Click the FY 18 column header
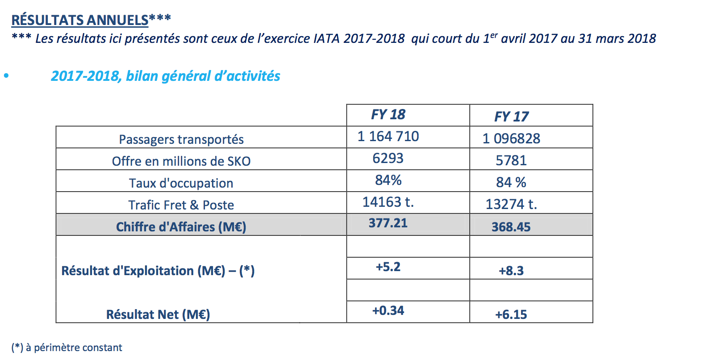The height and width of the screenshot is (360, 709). [388, 115]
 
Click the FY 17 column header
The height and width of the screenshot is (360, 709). [511, 117]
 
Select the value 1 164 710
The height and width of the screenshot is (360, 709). [388, 136]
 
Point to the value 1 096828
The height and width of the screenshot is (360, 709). [511, 138]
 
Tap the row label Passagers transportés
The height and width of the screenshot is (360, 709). [181, 139]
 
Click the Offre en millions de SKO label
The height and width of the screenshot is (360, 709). [181, 161]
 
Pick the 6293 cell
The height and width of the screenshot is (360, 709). [388, 158]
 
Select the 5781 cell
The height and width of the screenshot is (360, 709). [511, 160]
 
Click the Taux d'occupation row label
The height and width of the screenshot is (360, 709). [181, 183]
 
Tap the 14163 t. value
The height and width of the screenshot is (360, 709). [388, 202]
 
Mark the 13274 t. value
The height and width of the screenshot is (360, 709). [511, 204]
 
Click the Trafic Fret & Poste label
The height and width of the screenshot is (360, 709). [181, 205]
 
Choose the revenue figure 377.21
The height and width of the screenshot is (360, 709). [388, 223]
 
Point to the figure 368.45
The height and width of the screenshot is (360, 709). [511, 227]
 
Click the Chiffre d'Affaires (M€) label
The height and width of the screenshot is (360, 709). [181, 227]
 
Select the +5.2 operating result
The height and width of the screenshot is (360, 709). [388, 267]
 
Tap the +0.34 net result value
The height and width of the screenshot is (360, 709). [388, 310]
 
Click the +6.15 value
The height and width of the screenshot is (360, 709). [511, 314]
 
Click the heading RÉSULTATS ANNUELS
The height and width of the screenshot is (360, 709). [80, 20]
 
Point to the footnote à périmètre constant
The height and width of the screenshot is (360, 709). [74, 347]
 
